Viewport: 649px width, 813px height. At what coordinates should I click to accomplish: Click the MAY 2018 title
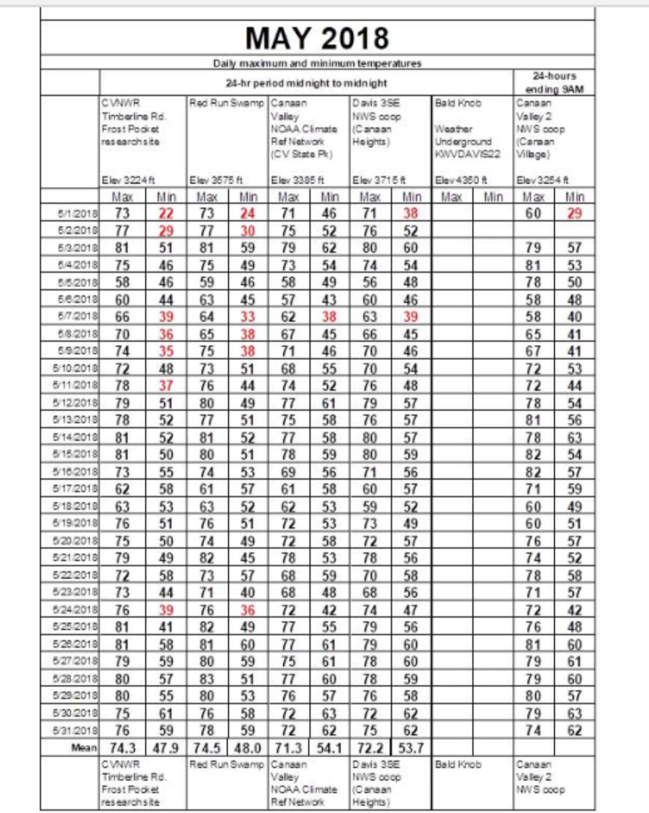tap(317, 38)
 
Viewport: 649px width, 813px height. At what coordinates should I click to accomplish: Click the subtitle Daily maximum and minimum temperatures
tap(317, 64)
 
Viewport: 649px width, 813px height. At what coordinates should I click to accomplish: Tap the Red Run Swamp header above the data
tap(227, 104)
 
